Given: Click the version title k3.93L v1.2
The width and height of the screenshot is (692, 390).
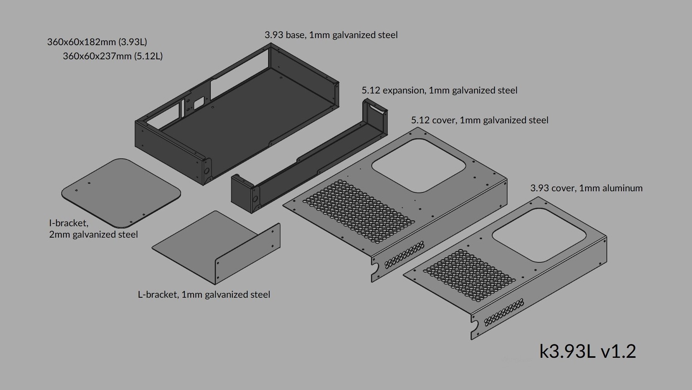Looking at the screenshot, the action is [x=588, y=351].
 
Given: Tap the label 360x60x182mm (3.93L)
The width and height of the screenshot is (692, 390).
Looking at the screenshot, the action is [x=97, y=42].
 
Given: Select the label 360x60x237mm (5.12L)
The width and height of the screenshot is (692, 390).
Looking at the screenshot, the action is [x=113, y=56].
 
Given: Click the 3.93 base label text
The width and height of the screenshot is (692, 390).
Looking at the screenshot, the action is [x=331, y=35].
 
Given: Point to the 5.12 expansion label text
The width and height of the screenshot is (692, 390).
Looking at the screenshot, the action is [x=440, y=90].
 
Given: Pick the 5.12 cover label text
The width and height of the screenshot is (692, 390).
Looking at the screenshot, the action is [x=480, y=120].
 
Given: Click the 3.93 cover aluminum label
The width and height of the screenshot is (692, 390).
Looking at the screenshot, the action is [x=586, y=188].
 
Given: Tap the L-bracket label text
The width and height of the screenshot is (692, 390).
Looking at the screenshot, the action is [x=204, y=295].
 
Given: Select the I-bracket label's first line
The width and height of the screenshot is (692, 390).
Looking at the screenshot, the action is [x=69, y=223].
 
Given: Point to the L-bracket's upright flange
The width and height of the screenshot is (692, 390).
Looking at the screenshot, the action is [x=248, y=253].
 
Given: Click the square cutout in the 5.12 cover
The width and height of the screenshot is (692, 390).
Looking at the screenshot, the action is [x=418, y=166].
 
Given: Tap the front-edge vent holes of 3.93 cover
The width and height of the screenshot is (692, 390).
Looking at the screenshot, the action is [x=504, y=313].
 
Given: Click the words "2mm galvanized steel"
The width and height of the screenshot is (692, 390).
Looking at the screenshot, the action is [x=93, y=234].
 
